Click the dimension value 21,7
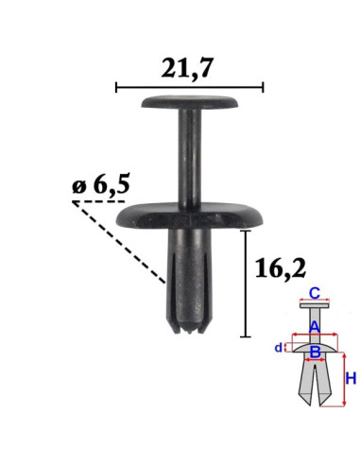187,68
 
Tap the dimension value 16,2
281,268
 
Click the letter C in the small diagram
314,293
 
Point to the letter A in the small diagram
314,327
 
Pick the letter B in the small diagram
315,352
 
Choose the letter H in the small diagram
351,378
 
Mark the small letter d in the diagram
278,348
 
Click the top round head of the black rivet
190,102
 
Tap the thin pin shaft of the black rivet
190,158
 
